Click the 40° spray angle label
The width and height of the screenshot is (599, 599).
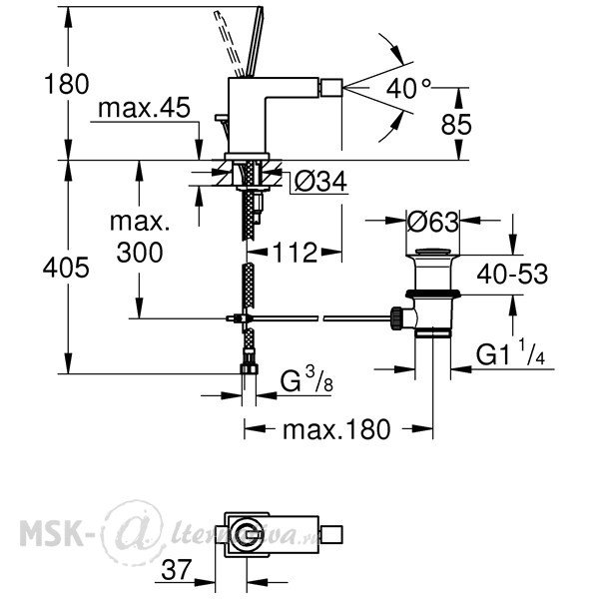tap(408, 89)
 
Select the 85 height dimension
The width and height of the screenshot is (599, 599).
tap(456, 125)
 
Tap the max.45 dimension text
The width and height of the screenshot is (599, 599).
tap(144, 108)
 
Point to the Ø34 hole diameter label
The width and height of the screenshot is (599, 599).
tap(320, 181)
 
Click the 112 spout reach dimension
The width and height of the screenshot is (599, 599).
tap(295, 253)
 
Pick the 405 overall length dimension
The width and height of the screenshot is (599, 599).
tap(66, 267)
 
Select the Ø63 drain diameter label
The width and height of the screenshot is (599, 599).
tap(433, 222)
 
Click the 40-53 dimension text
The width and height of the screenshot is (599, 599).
tap(512, 274)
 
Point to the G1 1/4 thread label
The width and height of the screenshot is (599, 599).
tap(510, 352)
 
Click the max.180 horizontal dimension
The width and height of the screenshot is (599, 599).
tap(336, 429)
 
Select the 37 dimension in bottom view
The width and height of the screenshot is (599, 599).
tap(176, 570)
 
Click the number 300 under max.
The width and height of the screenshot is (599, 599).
tap(140, 253)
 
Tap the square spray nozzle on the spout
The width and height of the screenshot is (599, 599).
tap(331, 88)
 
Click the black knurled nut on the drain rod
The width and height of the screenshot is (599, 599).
tap(395, 318)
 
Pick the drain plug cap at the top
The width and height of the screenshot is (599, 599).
tap(433, 253)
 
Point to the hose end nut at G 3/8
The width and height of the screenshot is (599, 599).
tap(249, 369)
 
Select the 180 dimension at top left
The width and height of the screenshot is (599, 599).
tap(67, 84)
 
